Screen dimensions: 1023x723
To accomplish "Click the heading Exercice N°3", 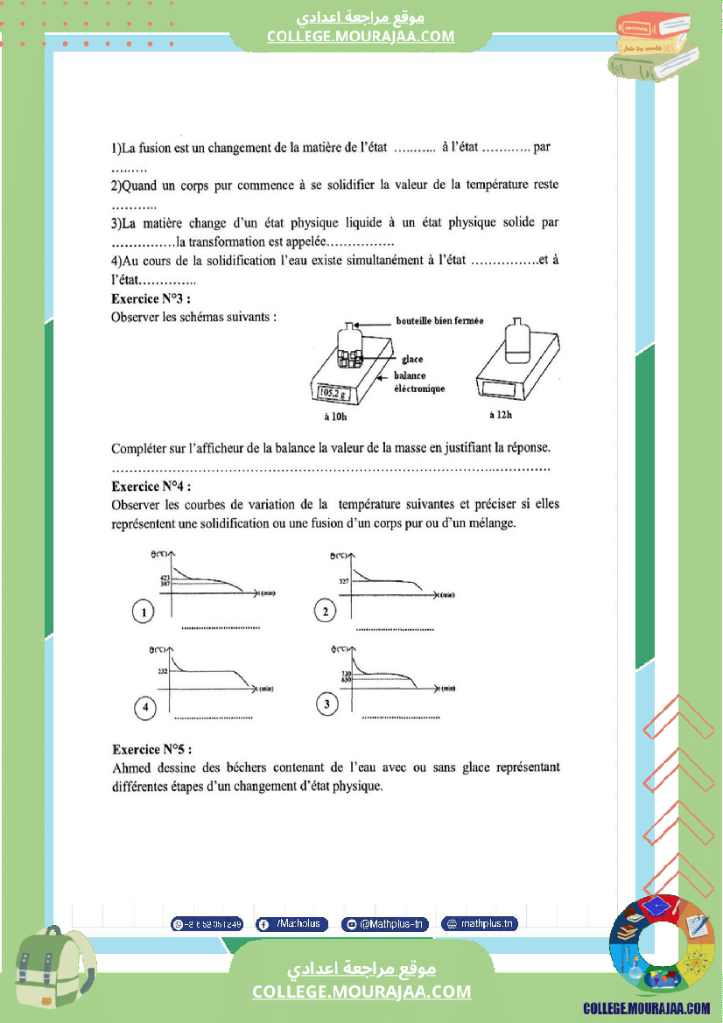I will click(x=151, y=299).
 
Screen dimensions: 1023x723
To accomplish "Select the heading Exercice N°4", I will click(x=151, y=487).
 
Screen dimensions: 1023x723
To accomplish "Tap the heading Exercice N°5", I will click(x=151, y=749).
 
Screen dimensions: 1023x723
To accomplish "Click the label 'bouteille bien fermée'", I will click(x=439, y=321).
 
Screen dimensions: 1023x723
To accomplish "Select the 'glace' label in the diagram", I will click(x=412, y=359).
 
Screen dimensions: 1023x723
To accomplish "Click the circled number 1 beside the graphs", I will click(x=144, y=612).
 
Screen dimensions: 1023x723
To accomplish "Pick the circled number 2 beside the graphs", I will click(x=326, y=612).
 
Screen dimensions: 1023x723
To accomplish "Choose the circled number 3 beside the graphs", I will click(x=326, y=704).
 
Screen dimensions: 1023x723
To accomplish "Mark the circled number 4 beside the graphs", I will click(x=144, y=707).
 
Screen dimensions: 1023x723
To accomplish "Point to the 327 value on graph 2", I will click(x=343, y=581).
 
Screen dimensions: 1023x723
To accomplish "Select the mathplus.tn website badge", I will click(x=480, y=923).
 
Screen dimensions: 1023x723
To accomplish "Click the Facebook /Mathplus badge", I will click(x=292, y=923).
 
